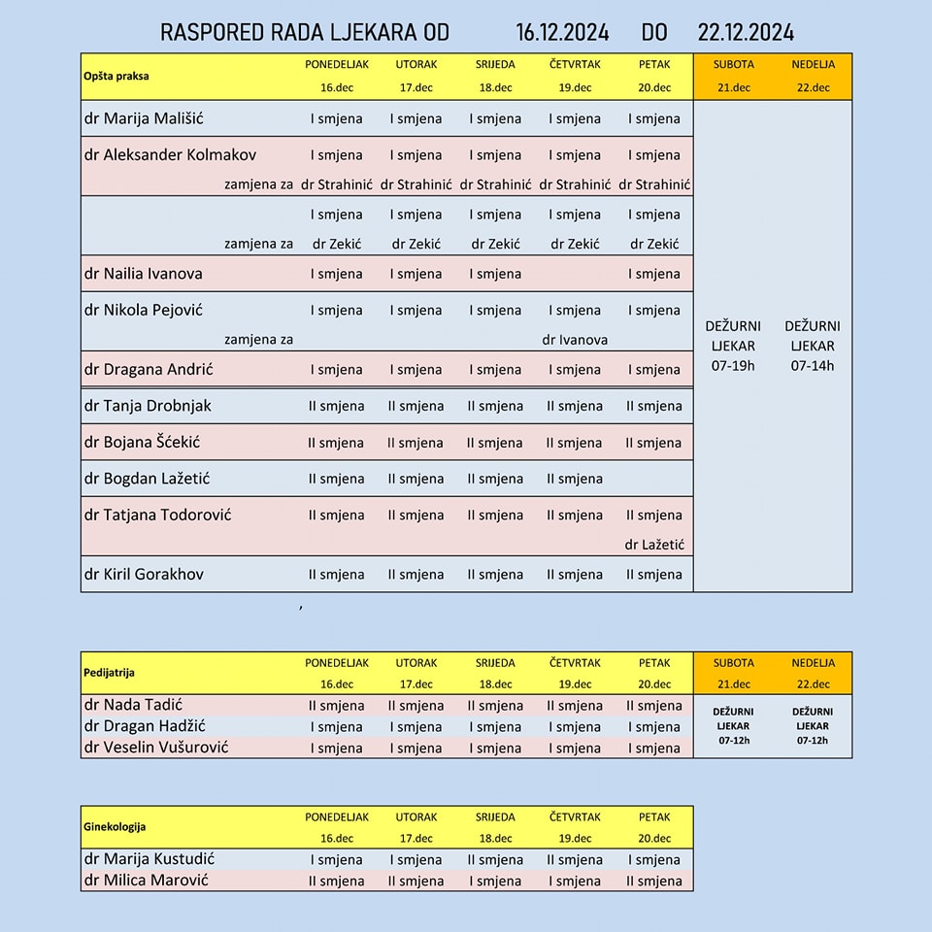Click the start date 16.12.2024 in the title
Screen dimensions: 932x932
[562, 32]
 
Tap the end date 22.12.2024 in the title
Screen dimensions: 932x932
[746, 32]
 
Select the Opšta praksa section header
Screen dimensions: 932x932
[116, 76]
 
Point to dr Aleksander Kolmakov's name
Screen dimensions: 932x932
[170, 154]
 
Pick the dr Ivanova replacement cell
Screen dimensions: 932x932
[575, 340]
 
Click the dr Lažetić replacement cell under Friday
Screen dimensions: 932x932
[654, 545]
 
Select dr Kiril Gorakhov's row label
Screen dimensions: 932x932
[144, 574]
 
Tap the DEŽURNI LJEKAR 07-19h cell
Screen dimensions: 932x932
[733, 346]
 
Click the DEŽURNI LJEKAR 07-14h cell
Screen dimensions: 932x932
[813, 346]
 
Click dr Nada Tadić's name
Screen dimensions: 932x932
[133, 705]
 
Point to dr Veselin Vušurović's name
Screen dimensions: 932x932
[156, 748]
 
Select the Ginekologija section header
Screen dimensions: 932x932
[115, 827]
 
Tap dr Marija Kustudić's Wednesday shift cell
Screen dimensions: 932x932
[495, 860]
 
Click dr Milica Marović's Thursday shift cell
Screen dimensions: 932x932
[575, 882]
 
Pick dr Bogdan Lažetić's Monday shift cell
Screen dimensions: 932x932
[336, 479]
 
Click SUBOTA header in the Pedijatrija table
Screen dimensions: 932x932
[733, 663]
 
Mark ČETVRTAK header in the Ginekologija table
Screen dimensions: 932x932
[575, 817]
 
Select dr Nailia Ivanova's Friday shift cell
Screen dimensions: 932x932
[654, 274]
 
